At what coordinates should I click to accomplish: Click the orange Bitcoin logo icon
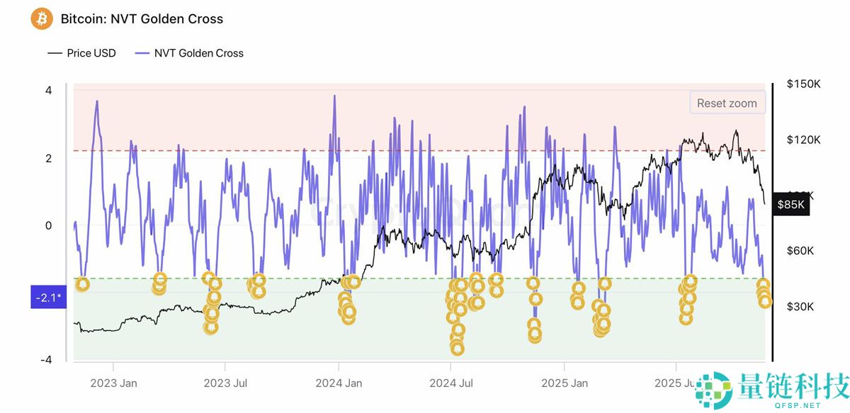(x=42, y=18)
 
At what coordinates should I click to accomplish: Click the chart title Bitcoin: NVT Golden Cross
(x=142, y=19)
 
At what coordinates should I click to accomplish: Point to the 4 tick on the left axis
(x=48, y=91)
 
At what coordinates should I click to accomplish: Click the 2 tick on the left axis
(x=48, y=158)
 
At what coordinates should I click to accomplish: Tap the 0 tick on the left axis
(x=48, y=225)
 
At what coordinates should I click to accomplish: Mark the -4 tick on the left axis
(x=47, y=360)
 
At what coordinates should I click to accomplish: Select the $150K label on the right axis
(x=804, y=84)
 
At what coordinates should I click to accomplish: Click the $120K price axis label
(x=804, y=140)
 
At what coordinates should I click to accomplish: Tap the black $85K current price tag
(x=791, y=205)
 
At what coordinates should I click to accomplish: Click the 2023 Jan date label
(x=113, y=383)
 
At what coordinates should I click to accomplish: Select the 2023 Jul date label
(x=225, y=383)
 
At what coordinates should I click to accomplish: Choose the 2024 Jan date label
(x=339, y=383)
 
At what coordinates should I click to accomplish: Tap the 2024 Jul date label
(x=450, y=383)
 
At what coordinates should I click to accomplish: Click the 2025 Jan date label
(x=564, y=383)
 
